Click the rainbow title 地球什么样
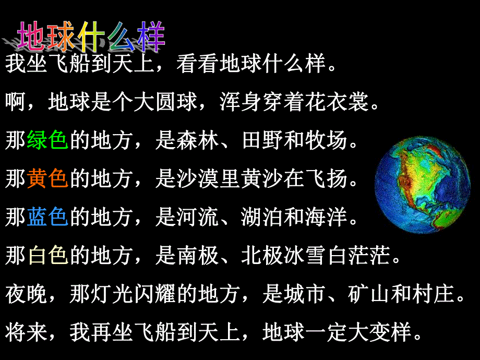(91, 37)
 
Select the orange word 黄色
(47, 179)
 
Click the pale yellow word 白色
(47, 256)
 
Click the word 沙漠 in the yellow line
(198, 179)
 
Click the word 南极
(198, 256)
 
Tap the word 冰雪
(306, 256)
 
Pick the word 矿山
(370, 295)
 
